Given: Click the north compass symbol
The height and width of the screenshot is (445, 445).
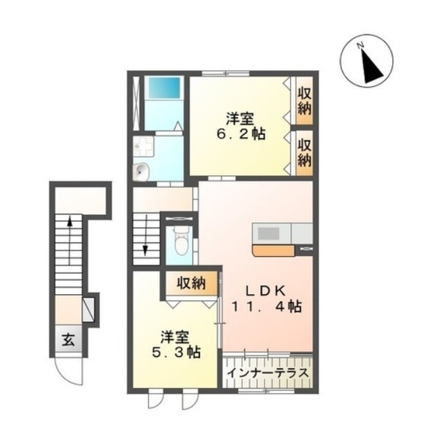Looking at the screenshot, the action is (x=366, y=61).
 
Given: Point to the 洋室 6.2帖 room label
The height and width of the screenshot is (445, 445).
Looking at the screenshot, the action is (x=241, y=127).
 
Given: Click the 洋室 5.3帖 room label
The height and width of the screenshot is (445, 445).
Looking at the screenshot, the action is (x=177, y=344).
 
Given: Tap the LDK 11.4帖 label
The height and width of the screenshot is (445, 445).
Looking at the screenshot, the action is (x=267, y=298).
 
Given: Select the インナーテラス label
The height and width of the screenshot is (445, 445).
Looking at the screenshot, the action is (x=268, y=373).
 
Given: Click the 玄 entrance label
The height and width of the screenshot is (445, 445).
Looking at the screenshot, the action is (x=68, y=339).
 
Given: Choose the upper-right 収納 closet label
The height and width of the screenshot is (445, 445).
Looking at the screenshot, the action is (x=305, y=101).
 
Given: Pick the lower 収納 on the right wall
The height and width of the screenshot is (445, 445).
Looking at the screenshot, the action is (x=305, y=153).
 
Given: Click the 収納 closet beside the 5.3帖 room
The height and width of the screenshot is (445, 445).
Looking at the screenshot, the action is (x=191, y=283).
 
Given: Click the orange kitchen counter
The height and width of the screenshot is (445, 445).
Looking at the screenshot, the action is (x=273, y=251).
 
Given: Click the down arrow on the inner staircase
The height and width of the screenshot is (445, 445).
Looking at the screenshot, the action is (x=145, y=236).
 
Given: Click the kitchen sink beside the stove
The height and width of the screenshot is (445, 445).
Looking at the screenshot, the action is (x=302, y=234).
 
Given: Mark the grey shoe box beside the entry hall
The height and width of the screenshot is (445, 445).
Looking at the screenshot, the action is (x=88, y=309).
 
